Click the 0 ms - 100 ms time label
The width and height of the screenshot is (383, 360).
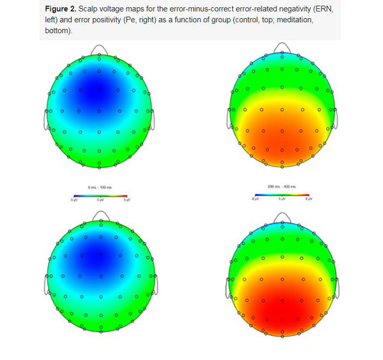click(99, 187)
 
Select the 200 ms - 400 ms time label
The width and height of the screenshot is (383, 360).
click(282, 187)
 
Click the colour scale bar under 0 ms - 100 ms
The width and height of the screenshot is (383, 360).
click(99, 195)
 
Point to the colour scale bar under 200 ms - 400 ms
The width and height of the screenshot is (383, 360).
click(282, 195)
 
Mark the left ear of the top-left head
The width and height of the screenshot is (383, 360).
click(45, 119)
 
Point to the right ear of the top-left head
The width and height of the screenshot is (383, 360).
click(154, 119)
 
